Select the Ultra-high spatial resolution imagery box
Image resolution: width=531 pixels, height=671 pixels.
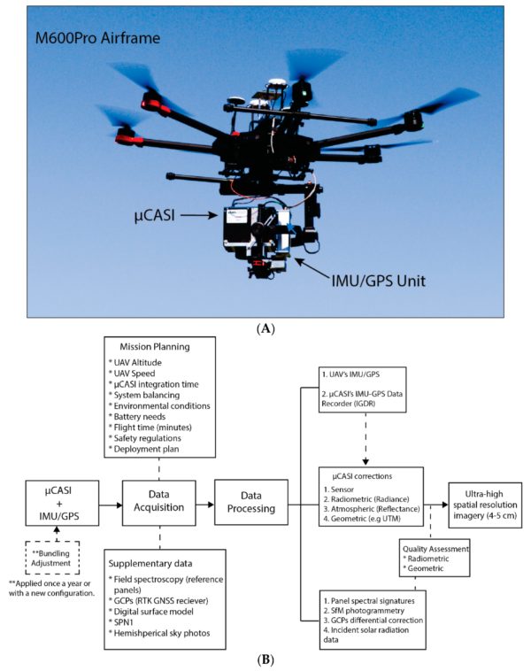[x=484, y=502]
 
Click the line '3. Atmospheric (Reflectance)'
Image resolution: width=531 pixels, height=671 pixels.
[x=372, y=511]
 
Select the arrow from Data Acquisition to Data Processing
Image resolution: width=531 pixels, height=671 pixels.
[x=204, y=502]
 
